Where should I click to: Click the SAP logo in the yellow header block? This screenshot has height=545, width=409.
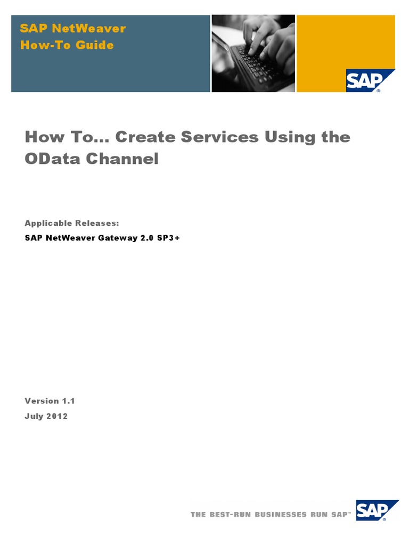coord(367,80)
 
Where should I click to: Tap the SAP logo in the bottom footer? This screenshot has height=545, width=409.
coord(376,510)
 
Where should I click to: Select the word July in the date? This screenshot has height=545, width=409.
coord(34,416)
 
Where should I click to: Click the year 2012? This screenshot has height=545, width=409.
coord(57,416)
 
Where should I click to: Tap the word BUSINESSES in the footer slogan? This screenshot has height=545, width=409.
coord(281,515)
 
